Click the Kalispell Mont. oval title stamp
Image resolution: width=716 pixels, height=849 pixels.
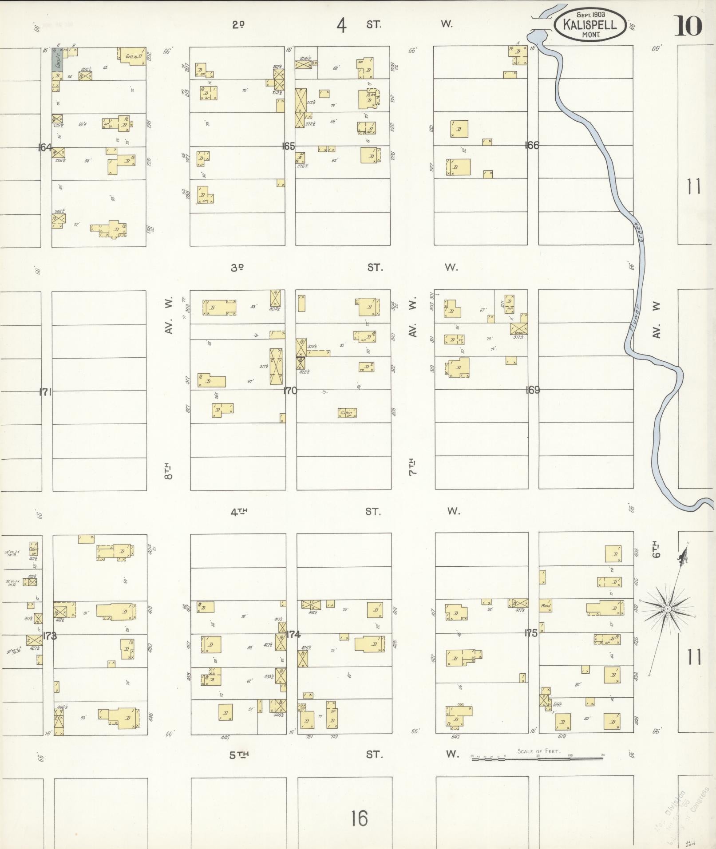[x=590, y=24]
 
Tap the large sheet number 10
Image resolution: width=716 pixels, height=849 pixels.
[x=688, y=26]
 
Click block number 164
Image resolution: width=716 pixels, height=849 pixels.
[x=45, y=147]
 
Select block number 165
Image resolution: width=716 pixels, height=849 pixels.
[x=289, y=146]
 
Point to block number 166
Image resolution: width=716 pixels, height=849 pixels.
[x=531, y=145]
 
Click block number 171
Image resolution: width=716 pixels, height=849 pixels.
[x=46, y=392]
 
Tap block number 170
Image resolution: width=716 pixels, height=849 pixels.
[x=290, y=391]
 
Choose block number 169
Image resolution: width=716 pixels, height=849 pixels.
[x=532, y=390]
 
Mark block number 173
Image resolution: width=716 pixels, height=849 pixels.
[x=50, y=636]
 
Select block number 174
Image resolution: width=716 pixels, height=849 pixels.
[x=293, y=634]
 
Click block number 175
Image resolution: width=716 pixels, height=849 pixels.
[x=531, y=633]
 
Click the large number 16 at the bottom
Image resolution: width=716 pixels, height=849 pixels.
[x=359, y=818]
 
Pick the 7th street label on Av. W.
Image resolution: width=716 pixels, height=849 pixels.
[x=413, y=467]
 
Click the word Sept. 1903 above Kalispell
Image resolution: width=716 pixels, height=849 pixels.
[x=590, y=15]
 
